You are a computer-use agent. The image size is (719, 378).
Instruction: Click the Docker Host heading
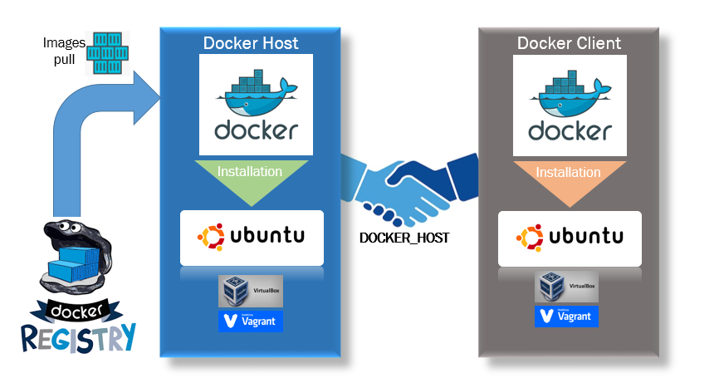click(x=251, y=43)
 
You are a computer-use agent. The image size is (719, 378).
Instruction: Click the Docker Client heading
click(x=569, y=43)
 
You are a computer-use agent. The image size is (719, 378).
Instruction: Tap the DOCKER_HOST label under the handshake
click(x=404, y=238)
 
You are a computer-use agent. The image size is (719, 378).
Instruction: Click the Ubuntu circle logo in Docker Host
click(x=210, y=235)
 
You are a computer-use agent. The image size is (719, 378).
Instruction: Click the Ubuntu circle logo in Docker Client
click(x=528, y=237)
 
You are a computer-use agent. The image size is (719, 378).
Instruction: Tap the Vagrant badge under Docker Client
click(x=567, y=316)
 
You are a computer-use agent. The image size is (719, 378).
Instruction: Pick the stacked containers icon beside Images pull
click(x=108, y=54)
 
